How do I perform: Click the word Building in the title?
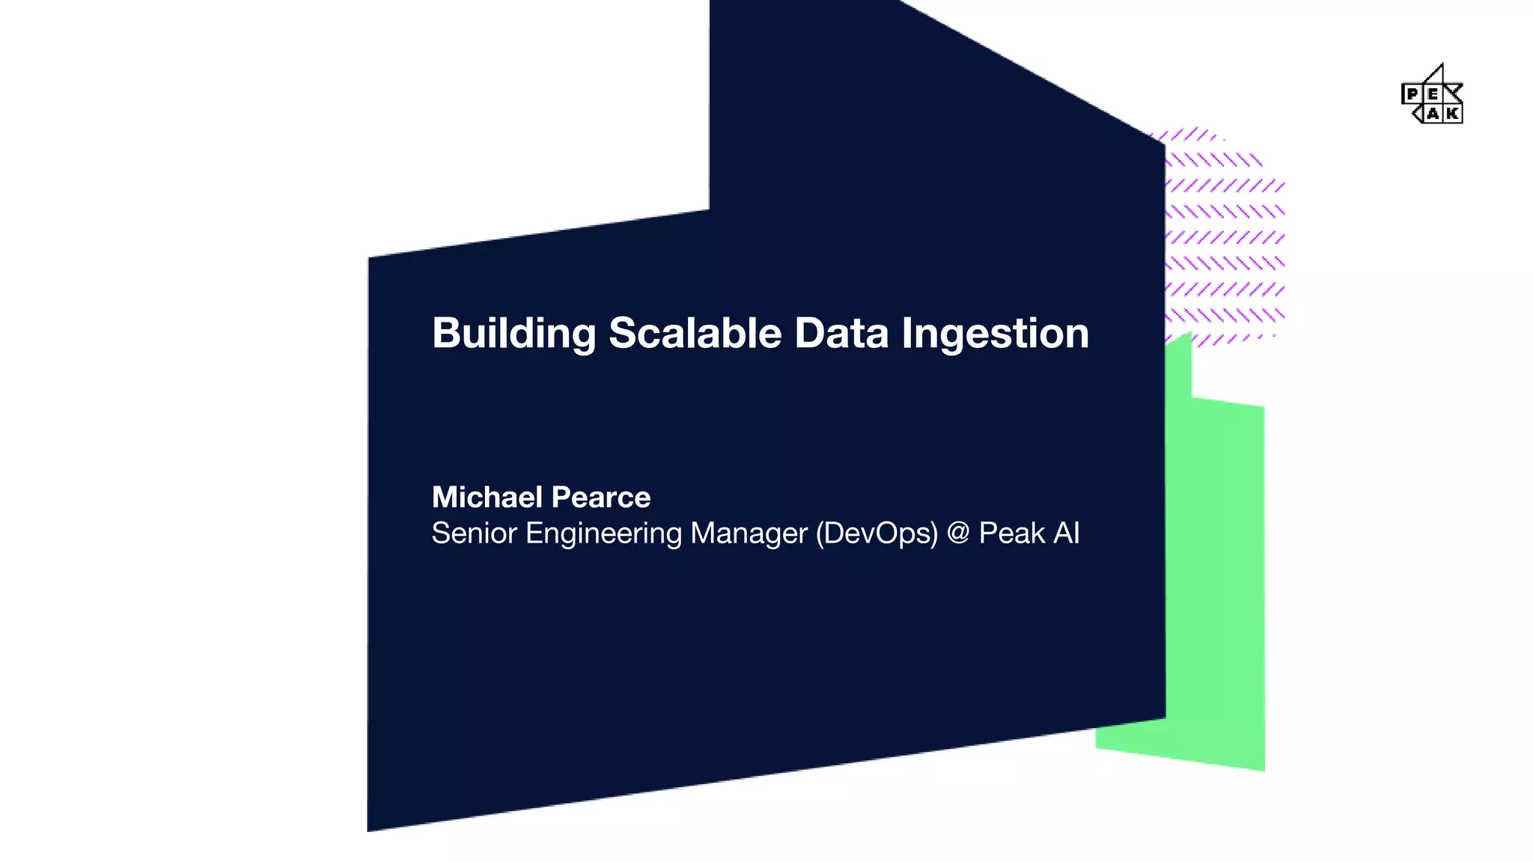coord(513,333)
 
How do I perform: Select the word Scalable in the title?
coord(695,333)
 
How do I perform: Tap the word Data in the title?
coord(841,333)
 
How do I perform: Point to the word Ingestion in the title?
coord(995,334)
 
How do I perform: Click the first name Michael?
coord(487,498)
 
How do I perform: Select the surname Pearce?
coord(601,498)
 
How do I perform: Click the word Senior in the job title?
coord(474,534)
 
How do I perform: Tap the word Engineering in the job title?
coord(603,534)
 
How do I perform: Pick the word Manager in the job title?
coord(749,534)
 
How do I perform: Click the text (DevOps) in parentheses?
coord(877,534)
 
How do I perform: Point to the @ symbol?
coord(958,534)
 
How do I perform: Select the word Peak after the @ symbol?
coord(1011,534)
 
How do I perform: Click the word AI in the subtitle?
coord(1067,534)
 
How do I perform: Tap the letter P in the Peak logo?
coord(1412,94)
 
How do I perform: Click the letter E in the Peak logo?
coord(1432,94)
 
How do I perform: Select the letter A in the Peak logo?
coord(1432,114)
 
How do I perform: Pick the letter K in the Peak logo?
coord(1452,114)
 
